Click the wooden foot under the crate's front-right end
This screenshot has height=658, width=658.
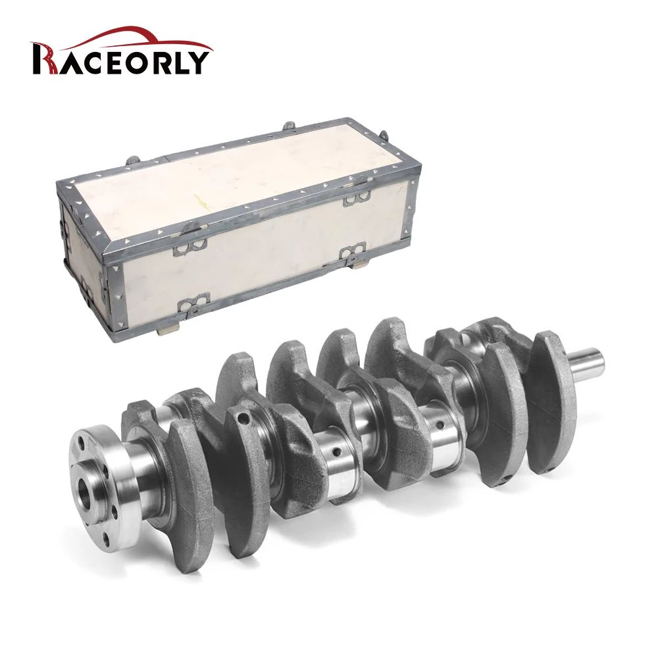click(358, 266)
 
